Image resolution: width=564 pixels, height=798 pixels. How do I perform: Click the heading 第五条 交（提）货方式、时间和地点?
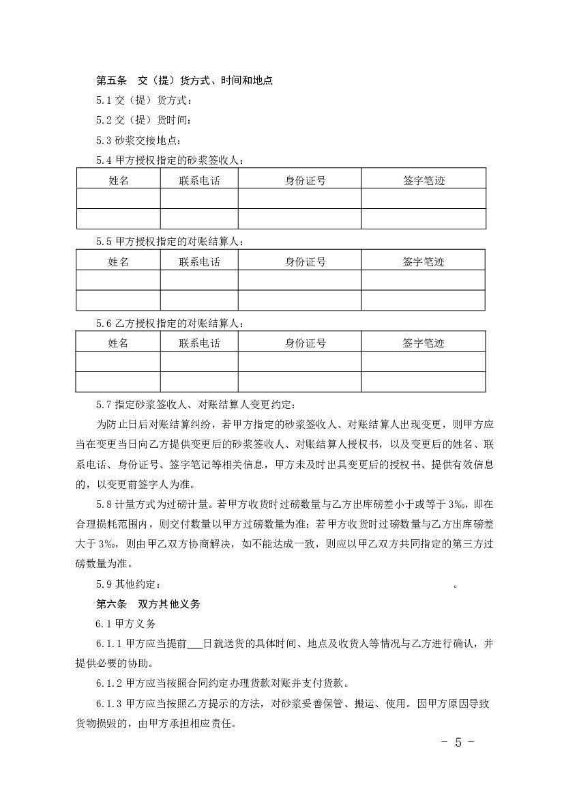click(184, 81)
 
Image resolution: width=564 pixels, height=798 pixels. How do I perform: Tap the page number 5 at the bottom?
click(458, 743)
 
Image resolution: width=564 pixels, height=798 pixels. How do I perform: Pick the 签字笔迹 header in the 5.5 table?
click(423, 261)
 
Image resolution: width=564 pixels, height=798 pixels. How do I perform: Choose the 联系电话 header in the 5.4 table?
click(199, 180)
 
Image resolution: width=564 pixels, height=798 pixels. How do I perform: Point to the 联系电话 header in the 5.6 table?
click(199, 343)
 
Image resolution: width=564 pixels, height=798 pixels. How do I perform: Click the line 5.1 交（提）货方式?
click(144, 101)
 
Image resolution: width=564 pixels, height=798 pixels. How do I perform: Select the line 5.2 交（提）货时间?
click(144, 121)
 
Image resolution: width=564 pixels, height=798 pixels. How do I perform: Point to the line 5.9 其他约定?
click(130, 584)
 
